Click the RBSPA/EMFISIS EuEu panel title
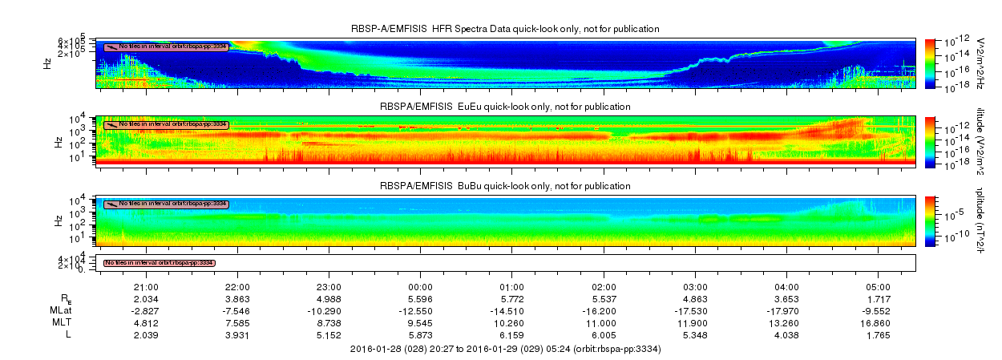(x=505, y=107)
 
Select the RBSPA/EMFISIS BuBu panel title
(x=505, y=186)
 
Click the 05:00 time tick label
(x=879, y=287)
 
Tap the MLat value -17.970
(x=787, y=310)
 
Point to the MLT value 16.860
(x=879, y=322)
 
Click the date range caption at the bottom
(x=505, y=350)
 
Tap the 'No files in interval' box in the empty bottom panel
(x=160, y=263)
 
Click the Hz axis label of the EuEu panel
(x=59, y=141)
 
